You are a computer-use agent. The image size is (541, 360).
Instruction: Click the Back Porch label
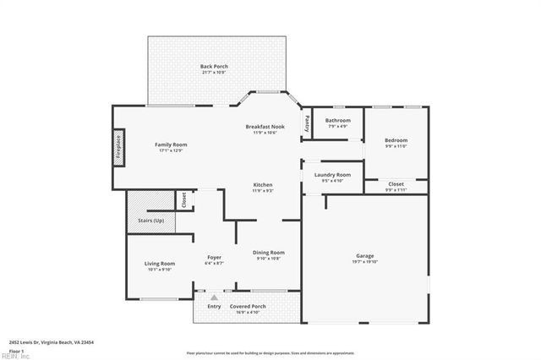point(214,66)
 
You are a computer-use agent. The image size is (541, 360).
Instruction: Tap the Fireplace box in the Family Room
point(118,147)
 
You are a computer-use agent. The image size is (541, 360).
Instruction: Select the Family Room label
point(171,145)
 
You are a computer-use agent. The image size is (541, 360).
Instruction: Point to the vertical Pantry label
point(308,123)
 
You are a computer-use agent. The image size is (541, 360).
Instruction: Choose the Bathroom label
point(338,121)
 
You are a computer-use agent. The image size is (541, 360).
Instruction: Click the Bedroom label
point(396,140)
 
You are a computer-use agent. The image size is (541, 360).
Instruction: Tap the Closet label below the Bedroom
point(396,183)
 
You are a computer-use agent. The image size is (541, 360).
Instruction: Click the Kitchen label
point(263,185)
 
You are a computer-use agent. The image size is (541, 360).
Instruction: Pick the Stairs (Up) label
point(151,221)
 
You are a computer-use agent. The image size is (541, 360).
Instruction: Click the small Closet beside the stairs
point(183,200)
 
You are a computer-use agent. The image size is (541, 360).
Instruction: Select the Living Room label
point(159,264)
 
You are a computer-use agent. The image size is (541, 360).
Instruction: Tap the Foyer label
point(214,257)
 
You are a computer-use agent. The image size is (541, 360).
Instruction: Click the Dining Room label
point(269,252)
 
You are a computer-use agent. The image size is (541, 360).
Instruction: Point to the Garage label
point(365,255)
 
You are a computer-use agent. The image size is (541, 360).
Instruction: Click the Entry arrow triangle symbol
point(214,297)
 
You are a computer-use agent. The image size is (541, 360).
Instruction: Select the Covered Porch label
point(248,306)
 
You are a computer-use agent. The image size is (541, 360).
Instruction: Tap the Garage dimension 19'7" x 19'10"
point(365,262)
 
